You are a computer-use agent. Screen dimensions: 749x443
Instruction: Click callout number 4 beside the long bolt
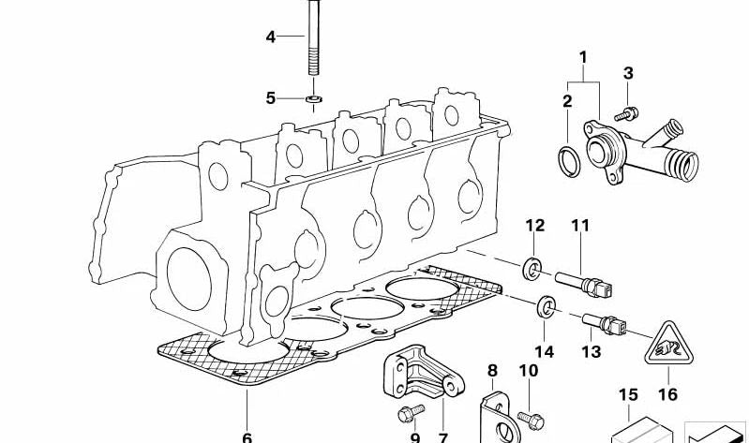[271, 37]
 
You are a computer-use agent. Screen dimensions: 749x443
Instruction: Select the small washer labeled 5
[313, 99]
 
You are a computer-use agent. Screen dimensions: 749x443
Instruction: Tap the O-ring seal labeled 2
[568, 161]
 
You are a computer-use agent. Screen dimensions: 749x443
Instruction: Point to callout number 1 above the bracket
[583, 58]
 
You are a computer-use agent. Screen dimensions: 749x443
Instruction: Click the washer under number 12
[532, 269]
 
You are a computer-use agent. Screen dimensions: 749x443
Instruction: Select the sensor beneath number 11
[584, 284]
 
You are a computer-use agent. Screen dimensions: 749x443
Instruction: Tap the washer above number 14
[546, 307]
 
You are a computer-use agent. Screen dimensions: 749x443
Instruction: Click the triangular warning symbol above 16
[668, 343]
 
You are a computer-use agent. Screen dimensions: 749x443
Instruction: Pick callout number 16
[667, 394]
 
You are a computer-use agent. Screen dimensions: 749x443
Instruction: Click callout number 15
[629, 395]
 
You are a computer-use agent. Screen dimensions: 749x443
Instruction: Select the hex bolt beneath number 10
[530, 419]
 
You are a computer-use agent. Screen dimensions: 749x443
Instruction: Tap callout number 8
[492, 371]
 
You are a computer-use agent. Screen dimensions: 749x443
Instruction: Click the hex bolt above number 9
[411, 413]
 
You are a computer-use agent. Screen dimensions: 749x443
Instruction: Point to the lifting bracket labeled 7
[423, 372]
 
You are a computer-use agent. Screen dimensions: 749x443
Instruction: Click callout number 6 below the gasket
[247, 437]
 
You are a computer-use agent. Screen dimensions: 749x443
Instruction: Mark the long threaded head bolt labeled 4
[313, 37]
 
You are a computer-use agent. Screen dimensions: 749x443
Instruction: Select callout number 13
[591, 352]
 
